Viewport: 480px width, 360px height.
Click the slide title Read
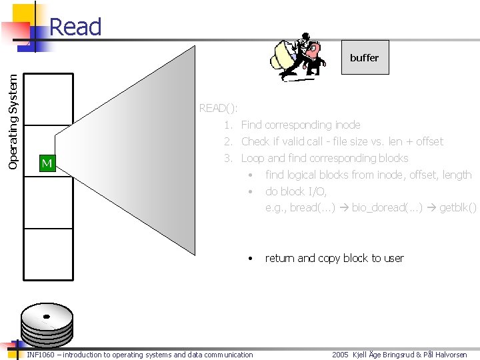(75, 27)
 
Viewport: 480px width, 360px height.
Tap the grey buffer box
(364, 57)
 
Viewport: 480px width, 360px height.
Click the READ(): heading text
(218, 108)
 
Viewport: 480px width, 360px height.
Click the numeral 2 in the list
(227, 141)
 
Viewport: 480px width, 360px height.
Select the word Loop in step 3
(253, 158)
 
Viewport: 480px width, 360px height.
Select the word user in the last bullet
(392, 258)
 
